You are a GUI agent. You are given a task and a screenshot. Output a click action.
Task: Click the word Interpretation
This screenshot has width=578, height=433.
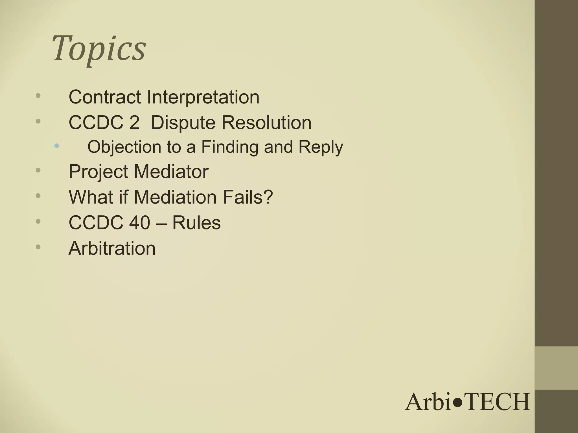pyautogui.click(x=203, y=97)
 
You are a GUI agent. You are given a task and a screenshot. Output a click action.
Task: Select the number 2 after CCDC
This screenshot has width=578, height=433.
pyautogui.click(x=134, y=123)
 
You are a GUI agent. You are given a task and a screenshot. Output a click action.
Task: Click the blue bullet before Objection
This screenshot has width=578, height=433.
pyautogui.click(x=57, y=146)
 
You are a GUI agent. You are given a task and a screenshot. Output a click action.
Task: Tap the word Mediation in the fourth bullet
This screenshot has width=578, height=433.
pyautogui.click(x=175, y=197)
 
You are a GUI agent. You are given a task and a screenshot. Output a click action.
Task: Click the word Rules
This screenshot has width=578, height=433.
pyautogui.click(x=196, y=223)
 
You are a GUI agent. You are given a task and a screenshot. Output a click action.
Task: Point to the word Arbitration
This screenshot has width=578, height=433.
pyautogui.click(x=112, y=248)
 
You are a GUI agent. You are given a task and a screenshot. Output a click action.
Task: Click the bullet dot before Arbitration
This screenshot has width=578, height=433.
pyautogui.click(x=38, y=247)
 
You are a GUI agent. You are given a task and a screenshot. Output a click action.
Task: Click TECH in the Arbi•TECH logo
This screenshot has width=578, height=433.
pyautogui.click(x=497, y=402)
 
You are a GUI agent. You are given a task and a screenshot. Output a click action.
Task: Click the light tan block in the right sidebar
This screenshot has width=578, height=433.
pyautogui.click(x=556, y=368)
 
